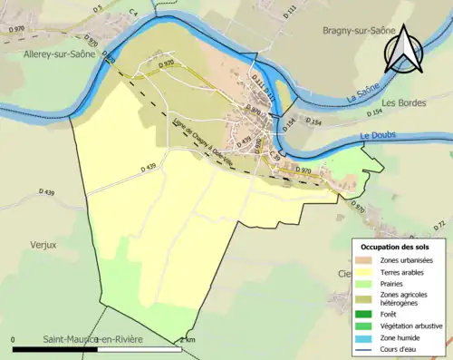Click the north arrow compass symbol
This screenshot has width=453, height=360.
[x=403, y=50]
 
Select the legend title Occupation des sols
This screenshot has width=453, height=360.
[x=396, y=247]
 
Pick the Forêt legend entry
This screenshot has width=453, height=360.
[x=397, y=310]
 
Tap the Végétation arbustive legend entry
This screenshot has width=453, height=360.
[x=415, y=324]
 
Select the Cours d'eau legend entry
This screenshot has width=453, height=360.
[x=404, y=348]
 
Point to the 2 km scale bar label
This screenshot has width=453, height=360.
[x=188, y=340]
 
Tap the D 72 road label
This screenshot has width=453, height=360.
[x=440, y=224]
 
